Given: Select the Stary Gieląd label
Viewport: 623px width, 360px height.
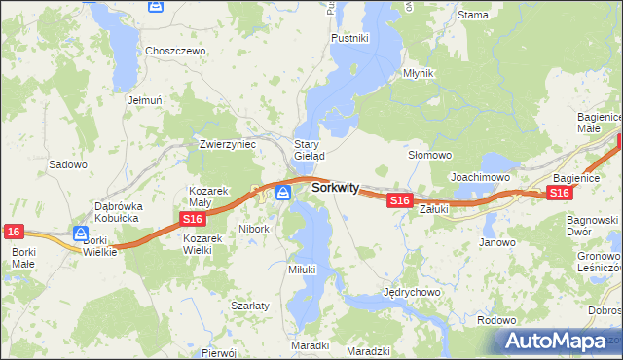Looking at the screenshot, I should (x=310, y=149).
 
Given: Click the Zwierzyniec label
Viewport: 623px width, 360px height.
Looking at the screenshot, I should (x=227, y=143).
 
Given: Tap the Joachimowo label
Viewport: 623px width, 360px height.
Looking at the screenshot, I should (x=481, y=177).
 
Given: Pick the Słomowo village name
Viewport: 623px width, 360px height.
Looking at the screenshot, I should (x=429, y=155).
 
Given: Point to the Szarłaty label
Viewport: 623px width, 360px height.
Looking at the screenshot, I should (x=249, y=305).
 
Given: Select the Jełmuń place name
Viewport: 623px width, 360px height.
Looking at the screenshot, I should (x=143, y=99).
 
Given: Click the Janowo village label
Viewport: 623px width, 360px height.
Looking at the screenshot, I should (x=497, y=242).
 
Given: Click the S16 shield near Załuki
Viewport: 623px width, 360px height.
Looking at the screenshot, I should (x=399, y=199).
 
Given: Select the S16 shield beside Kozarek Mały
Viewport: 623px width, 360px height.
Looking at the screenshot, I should (x=193, y=221).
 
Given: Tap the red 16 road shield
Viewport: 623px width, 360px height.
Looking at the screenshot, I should (x=13, y=231).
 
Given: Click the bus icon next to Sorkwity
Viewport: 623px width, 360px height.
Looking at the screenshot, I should (x=283, y=193).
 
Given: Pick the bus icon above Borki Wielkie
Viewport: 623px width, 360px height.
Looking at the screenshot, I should (x=81, y=233).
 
